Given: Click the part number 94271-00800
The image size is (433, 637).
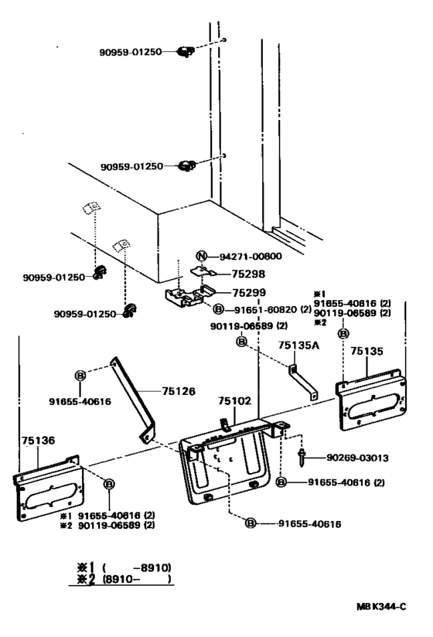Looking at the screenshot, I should click(251, 257).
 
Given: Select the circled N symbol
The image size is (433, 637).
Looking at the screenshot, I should click(201, 257).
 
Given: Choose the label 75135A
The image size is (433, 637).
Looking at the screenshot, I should click(298, 347).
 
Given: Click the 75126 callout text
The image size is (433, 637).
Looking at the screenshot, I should click(179, 392).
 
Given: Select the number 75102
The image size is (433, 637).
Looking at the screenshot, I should click(235, 402).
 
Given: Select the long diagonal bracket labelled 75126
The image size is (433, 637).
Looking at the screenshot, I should click(134, 398).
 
